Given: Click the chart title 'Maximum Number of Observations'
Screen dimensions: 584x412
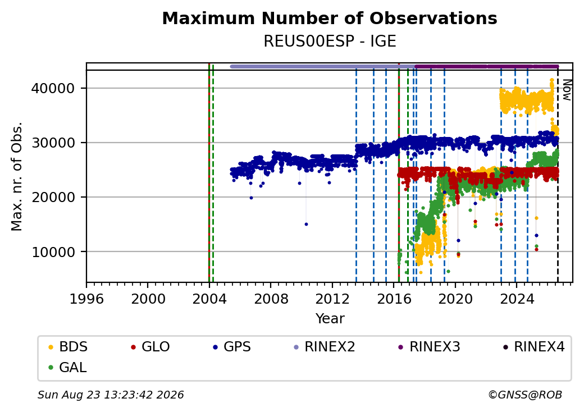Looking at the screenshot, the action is point(330,18).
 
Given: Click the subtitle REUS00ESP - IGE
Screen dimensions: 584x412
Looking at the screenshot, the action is point(330,41).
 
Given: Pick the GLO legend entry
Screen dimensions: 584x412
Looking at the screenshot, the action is point(150,347).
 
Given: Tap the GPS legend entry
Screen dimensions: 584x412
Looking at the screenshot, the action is point(232,347).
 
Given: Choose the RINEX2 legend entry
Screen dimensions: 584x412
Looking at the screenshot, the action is point(325,347).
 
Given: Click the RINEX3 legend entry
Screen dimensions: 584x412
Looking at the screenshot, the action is point(430,347).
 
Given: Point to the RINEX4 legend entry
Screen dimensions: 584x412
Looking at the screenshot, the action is point(533,347).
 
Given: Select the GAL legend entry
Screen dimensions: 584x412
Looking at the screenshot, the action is point(67,367).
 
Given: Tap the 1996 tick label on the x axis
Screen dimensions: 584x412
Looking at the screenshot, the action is point(86,299).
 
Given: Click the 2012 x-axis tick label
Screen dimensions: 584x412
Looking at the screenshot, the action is point(332,299).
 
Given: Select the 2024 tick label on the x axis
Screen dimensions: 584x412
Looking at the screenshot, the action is point(517,299).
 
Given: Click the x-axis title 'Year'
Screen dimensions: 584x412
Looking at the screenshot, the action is point(330,319).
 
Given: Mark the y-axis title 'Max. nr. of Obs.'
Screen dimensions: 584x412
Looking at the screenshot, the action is point(17,176).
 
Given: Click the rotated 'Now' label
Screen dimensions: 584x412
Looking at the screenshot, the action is point(567,90).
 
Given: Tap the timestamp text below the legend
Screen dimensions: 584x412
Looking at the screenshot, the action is point(111,395).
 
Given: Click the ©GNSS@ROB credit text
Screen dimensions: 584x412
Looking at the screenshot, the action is point(525,395).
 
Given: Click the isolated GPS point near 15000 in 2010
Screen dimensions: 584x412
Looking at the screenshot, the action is point(306,225).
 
